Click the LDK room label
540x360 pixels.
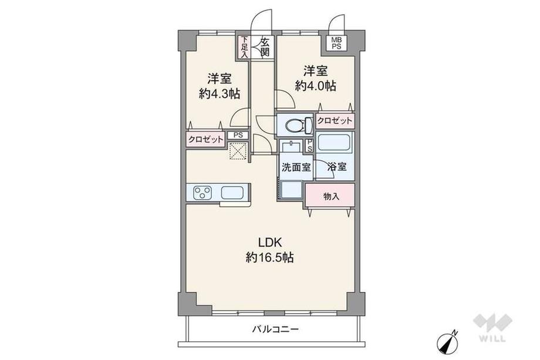269,242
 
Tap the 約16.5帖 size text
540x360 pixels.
269,257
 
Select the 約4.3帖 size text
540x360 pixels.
218,93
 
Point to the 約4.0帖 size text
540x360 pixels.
315,86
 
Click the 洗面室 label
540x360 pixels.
295,167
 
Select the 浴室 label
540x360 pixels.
337,167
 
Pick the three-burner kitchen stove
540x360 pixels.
203,192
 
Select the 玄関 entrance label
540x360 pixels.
265,46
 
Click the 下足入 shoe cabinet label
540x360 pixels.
244,46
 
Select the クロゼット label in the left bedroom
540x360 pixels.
205,139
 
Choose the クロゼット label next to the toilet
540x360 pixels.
335,120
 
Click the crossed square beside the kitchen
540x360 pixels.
238,152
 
